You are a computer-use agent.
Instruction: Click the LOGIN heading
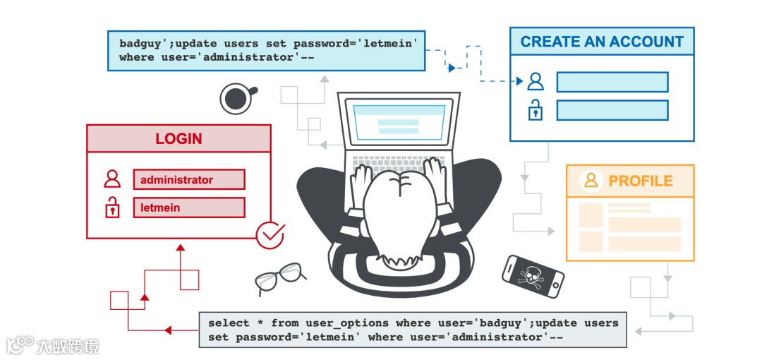(x=179, y=139)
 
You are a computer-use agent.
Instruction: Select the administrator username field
(x=188, y=180)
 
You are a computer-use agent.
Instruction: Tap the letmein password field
(x=188, y=208)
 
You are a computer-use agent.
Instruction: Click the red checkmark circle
(x=270, y=235)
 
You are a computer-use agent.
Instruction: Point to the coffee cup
(x=236, y=98)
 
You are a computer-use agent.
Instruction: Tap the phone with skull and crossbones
(x=533, y=276)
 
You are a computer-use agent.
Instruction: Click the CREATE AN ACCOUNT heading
(x=602, y=42)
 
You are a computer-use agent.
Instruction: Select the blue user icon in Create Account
(x=536, y=82)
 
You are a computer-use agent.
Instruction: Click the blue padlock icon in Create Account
(x=536, y=110)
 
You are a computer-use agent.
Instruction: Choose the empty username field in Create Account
(x=612, y=82)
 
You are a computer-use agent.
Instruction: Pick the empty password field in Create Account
(x=612, y=110)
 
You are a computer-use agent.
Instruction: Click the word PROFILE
(x=641, y=181)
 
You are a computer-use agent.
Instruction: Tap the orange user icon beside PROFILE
(x=591, y=181)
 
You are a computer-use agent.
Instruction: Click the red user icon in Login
(x=111, y=179)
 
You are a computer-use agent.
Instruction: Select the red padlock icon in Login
(x=111, y=208)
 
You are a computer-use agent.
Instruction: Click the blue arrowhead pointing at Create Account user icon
(x=519, y=81)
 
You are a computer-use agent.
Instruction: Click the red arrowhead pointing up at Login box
(x=180, y=248)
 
